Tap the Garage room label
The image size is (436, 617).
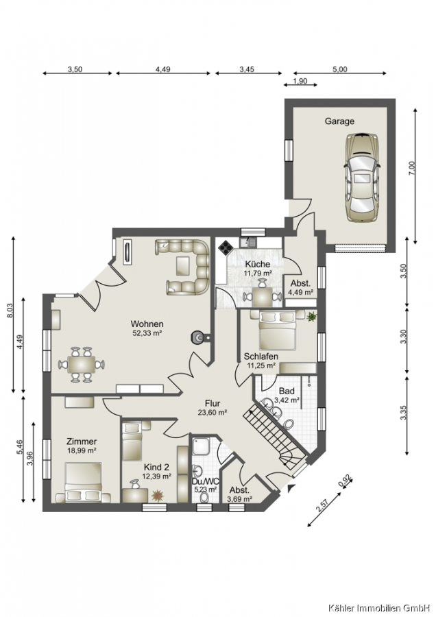tap(339, 121)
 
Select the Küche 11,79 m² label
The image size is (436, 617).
tap(258, 268)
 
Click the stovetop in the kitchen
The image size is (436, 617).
tap(226, 247)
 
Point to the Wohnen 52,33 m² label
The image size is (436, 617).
tap(147, 328)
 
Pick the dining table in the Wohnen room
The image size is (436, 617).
tap(82, 365)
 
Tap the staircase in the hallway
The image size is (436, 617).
tap(276, 436)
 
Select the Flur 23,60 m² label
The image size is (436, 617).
tap(213, 408)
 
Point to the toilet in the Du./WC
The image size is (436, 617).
tap(204, 498)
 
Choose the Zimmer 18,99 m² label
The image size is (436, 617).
tap(82, 446)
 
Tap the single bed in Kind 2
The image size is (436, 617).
tap(132, 441)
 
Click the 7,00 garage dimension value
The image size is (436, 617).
tap(411, 169)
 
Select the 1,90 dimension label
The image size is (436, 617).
tap(300, 82)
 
